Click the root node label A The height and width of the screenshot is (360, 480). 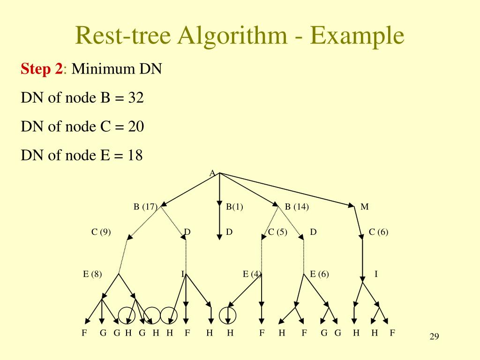pos(212,174)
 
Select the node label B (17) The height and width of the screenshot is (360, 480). pos(145,207)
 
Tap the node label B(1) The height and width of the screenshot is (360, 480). pos(234,207)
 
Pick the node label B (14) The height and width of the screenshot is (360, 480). pos(297,207)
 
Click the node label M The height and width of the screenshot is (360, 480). pos(365,207)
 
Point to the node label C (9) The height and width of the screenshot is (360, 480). pos(101,232)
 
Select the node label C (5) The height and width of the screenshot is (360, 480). pos(277,232)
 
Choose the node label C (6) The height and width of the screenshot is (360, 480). pos(379,232)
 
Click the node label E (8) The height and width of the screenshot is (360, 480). pos(92,274)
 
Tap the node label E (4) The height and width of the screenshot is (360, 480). pos(252,274)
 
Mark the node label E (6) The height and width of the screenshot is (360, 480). pos(319,274)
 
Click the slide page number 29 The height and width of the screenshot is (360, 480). pos(434,337)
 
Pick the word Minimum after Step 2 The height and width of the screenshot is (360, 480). pos(103,69)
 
